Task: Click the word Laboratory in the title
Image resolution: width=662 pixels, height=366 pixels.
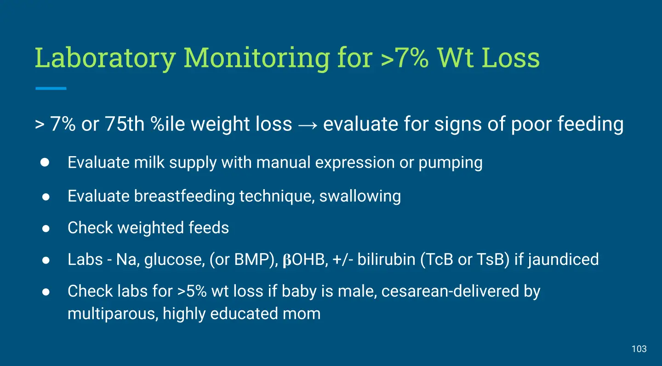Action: [x=105, y=58]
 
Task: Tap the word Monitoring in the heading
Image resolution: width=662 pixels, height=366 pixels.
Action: [x=257, y=58]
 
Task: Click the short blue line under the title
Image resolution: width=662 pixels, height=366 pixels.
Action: [x=51, y=88]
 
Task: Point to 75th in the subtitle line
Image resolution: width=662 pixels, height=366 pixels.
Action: [x=125, y=124]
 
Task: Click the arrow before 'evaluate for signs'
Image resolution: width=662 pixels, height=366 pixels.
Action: [x=308, y=125]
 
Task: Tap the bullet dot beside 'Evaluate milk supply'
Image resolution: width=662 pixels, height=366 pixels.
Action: [x=45, y=162]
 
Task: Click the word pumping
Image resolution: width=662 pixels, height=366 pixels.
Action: [x=451, y=163]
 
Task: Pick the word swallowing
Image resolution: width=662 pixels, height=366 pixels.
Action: [x=360, y=196]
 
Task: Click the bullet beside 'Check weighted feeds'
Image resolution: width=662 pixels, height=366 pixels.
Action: [x=46, y=228]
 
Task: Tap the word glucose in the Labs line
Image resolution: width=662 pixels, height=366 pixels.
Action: [x=174, y=260]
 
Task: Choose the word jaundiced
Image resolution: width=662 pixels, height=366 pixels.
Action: [x=563, y=260]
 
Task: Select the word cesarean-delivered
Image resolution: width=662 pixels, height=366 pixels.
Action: [x=450, y=291]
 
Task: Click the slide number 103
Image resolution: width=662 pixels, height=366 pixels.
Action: [x=639, y=349]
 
